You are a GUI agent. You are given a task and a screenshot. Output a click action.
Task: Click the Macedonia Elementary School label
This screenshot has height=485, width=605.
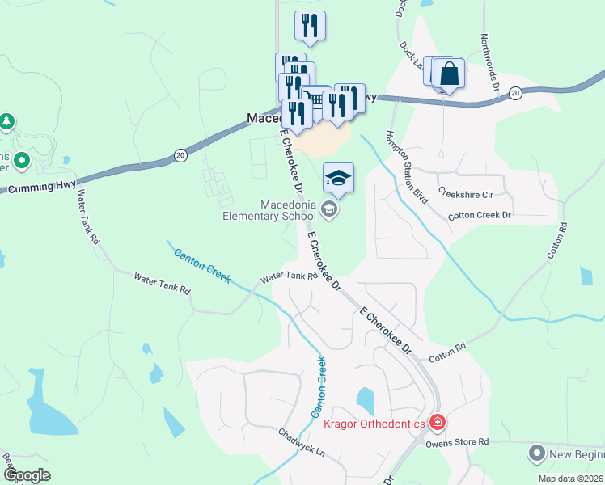pyautogui.click(x=269, y=210)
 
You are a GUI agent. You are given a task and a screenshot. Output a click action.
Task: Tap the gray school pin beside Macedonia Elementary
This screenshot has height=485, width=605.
pyautogui.click(x=329, y=210)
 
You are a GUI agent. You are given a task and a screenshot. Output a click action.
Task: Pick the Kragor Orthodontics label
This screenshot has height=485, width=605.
pyautogui.click(x=374, y=424)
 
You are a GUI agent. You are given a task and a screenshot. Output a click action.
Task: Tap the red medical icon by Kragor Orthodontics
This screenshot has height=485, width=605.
pyautogui.click(x=438, y=422)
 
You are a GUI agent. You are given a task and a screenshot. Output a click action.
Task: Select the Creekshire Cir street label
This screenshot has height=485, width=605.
pyautogui.click(x=465, y=193)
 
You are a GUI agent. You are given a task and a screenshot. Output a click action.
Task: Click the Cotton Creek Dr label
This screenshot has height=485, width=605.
pyautogui.click(x=480, y=215)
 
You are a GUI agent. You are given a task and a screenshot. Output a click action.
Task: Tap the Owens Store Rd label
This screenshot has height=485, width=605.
pyautogui.click(x=458, y=442)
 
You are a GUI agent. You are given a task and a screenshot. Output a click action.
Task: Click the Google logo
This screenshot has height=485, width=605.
pyautogui.click(x=27, y=475)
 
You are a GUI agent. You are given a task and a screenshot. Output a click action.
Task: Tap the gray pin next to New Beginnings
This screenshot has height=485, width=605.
pyautogui.click(x=535, y=453)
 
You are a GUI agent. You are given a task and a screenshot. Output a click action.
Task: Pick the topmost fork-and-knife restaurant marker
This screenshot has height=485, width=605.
pyautogui.click(x=310, y=26)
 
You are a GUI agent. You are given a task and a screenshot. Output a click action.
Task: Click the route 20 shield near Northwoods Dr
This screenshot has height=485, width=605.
pyautogui.click(x=514, y=94)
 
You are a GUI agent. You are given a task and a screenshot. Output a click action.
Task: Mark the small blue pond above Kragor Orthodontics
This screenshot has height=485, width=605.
pyautogui.click(x=366, y=399)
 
